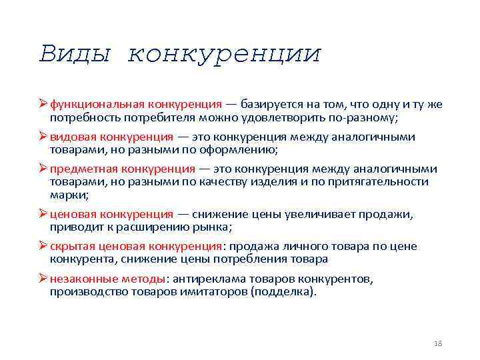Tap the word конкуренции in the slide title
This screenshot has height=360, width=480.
[x=224, y=54]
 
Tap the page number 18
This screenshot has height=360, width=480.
[x=438, y=343]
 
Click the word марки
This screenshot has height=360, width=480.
[x=67, y=195]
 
